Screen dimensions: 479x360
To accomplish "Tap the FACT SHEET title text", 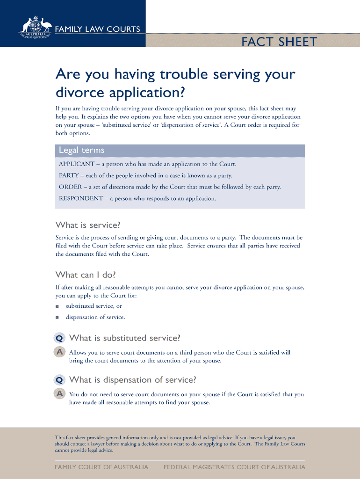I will [x=279, y=42].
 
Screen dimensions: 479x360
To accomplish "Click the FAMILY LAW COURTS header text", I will [x=98, y=29].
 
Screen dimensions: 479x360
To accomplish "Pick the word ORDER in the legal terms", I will [x=71, y=187].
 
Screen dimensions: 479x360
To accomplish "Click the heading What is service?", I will [x=88, y=225].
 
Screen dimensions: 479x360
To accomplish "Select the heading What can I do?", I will [x=86, y=275].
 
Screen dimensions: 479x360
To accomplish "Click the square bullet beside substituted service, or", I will [x=57, y=306].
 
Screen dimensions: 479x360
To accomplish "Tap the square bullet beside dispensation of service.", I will [x=57, y=318].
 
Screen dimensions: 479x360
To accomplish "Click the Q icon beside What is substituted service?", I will [x=59, y=338].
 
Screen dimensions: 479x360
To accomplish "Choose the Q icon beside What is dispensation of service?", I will [x=59, y=380].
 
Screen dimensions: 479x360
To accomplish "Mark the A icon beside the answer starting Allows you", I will [x=59, y=352].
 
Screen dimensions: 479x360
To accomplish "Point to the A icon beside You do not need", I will [x=59, y=394].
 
